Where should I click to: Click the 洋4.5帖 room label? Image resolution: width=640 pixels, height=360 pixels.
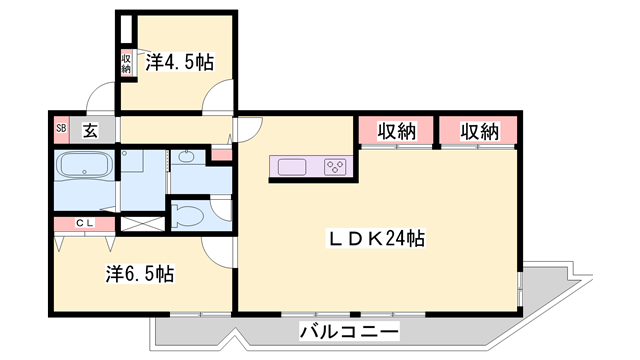tap(180, 62)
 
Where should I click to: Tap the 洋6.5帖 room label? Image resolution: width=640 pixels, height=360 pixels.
tap(140, 274)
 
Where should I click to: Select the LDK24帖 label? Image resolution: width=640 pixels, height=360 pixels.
tap(376, 238)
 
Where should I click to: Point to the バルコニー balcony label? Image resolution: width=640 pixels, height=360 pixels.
tap(349, 331)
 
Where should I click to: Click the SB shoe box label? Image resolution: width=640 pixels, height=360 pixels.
tap(61, 128)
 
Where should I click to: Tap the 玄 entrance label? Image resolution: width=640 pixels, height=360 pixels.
tap(91, 130)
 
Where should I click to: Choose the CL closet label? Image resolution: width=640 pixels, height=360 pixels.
tap(85, 223)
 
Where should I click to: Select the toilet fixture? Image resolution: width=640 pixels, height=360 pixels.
tap(188, 214)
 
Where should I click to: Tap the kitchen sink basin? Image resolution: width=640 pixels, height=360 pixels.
tap(292, 167)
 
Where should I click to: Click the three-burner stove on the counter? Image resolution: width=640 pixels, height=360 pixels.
tap(335, 167)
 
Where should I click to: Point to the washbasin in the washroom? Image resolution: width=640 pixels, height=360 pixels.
tap(187, 157)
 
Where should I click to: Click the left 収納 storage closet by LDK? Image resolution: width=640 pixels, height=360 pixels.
tap(396, 130)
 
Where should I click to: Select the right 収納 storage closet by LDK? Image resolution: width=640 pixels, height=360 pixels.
tap(479, 130)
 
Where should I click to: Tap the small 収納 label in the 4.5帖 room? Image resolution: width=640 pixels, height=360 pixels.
tap(126, 64)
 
